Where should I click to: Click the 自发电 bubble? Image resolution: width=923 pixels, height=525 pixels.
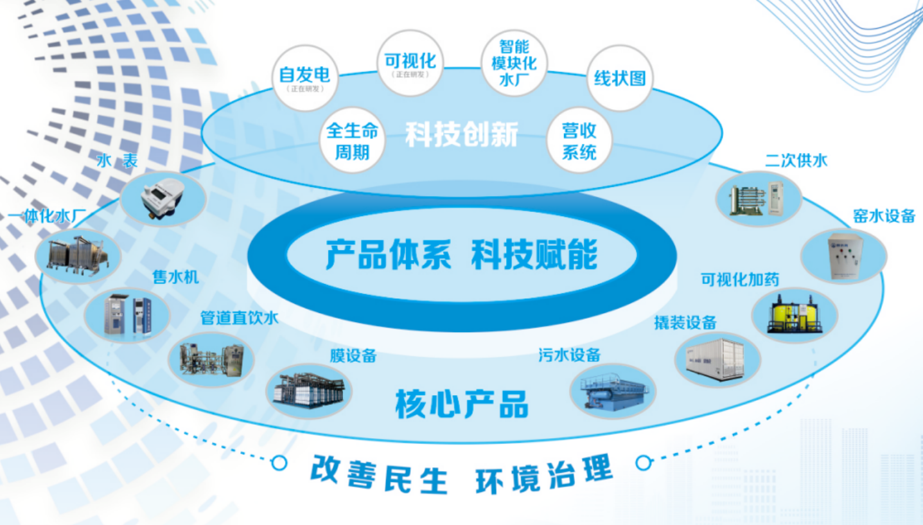(x=304, y=78)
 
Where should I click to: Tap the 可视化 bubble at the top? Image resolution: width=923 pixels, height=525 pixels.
(x=410, y=64)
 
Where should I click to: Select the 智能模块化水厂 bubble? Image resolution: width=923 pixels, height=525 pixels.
(x=513, y=63)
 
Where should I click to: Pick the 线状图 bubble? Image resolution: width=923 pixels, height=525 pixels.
(x=619, y=78)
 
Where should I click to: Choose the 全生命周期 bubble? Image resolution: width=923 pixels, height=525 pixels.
(x=353, y=141)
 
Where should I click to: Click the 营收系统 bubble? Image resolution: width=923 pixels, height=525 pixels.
(x=579, y=141)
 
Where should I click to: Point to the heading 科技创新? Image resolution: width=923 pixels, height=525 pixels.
(x=461, y=134)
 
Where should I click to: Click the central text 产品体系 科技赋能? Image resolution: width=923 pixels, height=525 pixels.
(x=461, y=254)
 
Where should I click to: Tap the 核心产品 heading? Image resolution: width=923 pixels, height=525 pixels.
(x=461, y=405)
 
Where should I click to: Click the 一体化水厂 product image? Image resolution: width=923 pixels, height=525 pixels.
(x=78, y=256)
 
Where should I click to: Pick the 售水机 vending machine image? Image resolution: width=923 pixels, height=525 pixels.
(x=127, y=314)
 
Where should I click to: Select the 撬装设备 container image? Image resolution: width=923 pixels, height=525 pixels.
(x=717, y=359)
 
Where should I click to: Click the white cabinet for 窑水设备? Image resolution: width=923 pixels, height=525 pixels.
(x=843, y=256)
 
